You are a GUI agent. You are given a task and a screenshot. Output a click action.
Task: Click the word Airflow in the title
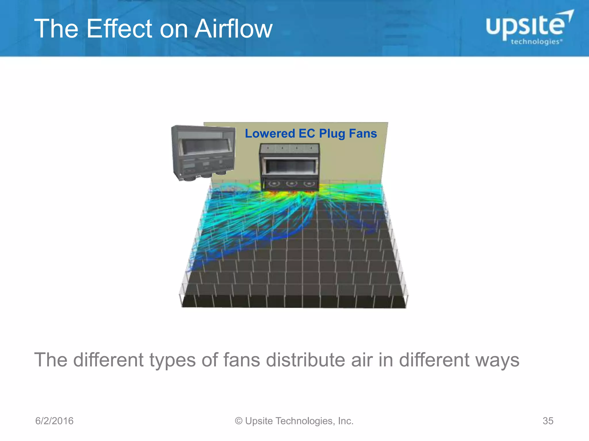(x=233, y=29)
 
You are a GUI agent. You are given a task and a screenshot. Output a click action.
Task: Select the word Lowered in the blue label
(x=270, y=134)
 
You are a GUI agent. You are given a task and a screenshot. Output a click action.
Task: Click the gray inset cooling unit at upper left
(x=203, y=152)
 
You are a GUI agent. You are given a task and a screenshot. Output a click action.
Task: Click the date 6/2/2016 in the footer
(x=54, y=421)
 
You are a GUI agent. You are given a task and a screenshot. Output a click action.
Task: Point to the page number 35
(x=548, y=421)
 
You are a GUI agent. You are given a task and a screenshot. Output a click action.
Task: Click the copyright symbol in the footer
(x=239, y=421)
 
